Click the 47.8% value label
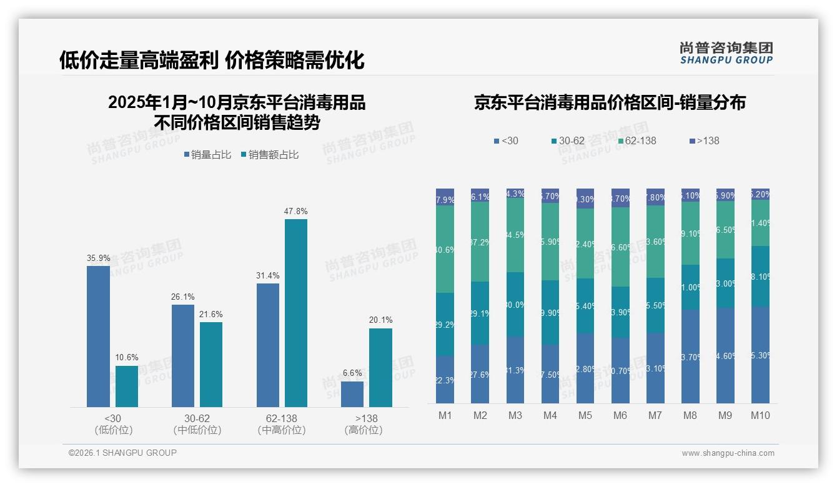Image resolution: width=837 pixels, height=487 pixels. [296, 212]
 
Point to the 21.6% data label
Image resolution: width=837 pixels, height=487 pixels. [211, 315]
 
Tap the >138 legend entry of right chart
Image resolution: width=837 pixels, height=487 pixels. [704, 141]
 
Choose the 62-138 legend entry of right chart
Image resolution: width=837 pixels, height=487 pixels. [637, 141]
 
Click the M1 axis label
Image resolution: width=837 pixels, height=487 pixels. [445, 416]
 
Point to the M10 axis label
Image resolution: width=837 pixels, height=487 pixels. [760, 416]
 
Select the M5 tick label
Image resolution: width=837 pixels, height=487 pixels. [585, 416]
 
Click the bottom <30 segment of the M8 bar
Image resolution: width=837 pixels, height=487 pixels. [690, 356]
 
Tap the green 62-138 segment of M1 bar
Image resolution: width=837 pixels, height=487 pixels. [445, 249]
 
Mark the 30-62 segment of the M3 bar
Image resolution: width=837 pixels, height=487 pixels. [515, 305]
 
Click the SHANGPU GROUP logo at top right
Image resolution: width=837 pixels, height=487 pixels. [726, 53]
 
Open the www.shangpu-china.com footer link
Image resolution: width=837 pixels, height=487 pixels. [728, 453]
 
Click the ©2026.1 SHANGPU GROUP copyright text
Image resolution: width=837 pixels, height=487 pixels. [122, 453]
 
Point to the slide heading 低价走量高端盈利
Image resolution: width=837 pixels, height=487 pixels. [138, 61]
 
